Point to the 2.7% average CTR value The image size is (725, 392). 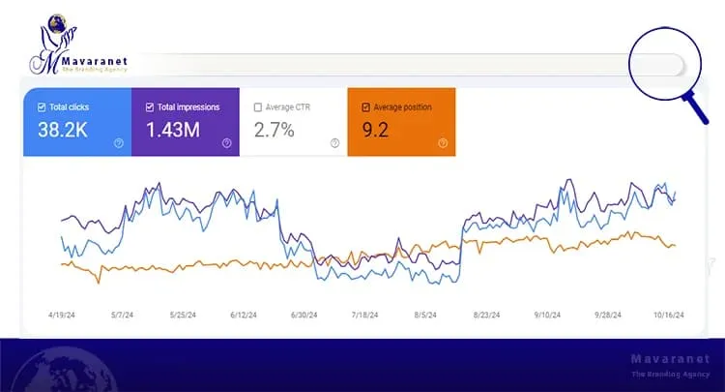coord(275,130)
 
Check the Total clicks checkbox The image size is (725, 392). coord(41,107)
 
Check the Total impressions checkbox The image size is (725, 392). coord(149,107)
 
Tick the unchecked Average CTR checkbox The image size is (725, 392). coord(257,107)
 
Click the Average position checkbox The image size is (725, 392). coord(365,107)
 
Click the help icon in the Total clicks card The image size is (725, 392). coord(119,143)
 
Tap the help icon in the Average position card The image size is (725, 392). coord(443,143)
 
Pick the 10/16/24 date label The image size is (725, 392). coord(667,315)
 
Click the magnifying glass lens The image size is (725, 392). coord(663,64)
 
